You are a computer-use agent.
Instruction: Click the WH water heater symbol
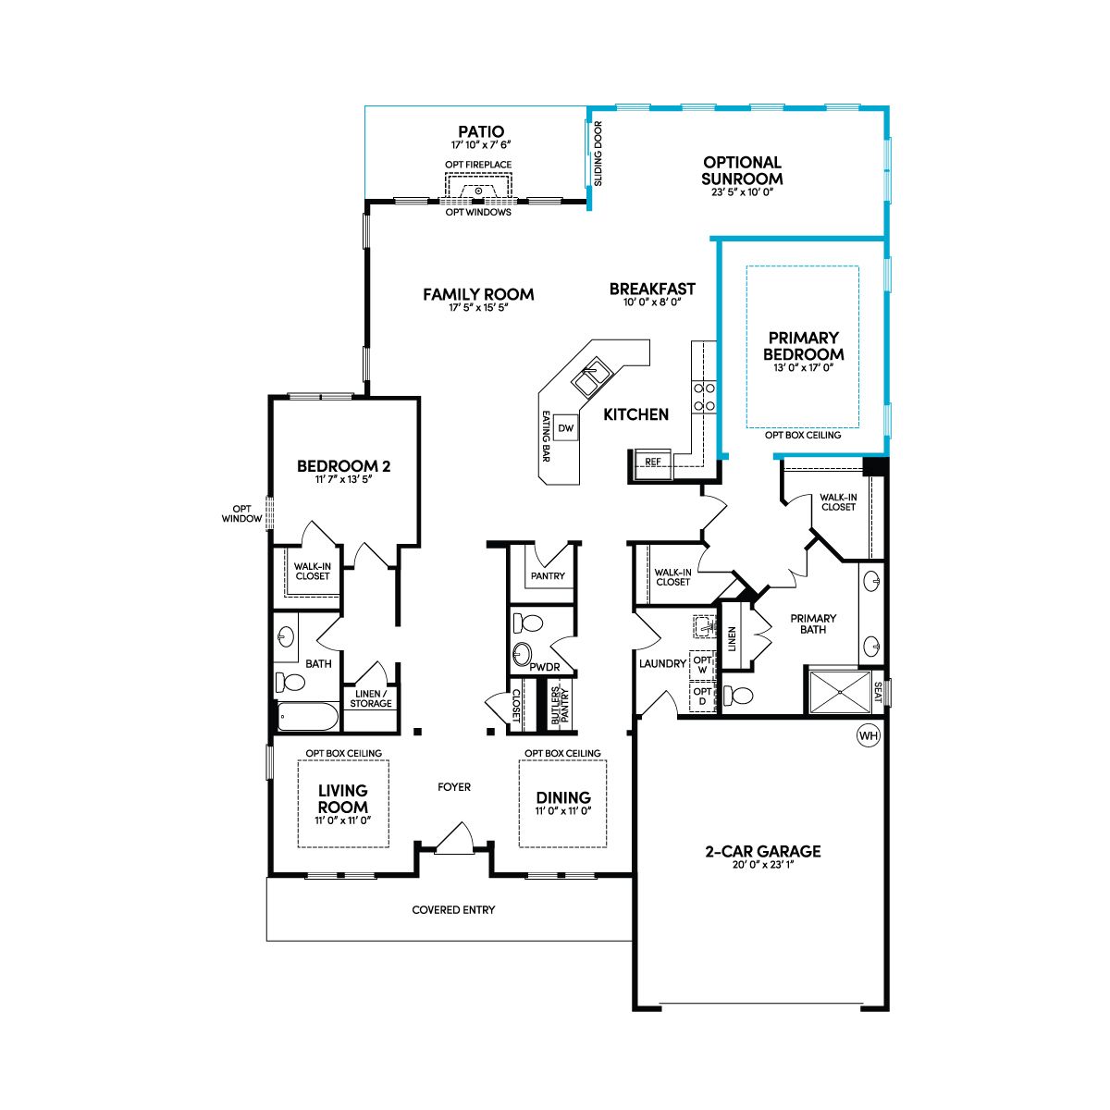[x=868, y=735]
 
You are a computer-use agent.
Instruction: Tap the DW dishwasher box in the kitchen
[x=566, y=428]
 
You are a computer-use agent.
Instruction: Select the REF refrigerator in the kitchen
[x=653, y=463]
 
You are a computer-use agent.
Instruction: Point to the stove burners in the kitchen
[x=704, y=397]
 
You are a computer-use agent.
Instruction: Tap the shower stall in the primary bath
[x=841, y=691]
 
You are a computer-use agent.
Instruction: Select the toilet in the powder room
[x=527, y=623]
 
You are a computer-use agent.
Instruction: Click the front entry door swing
[x=454, y=838]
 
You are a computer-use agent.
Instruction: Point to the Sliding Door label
[x=598, y=154]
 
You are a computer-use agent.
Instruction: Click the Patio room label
[x=481, y=131]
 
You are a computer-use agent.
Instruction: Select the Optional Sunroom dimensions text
[x=742, y=192]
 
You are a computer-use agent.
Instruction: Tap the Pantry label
[x=548, y=575]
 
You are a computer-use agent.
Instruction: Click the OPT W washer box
[x=702, y=665]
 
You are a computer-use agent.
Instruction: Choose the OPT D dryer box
[x=702, y=696]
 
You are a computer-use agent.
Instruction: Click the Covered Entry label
[x=453, y=909]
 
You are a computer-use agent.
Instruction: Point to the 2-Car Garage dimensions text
[x=763, y=865]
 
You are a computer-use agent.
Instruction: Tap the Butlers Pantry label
[x=560, y=705]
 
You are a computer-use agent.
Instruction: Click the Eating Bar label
[x=546, y=436]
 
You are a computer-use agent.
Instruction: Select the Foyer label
[x=454, y=787]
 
